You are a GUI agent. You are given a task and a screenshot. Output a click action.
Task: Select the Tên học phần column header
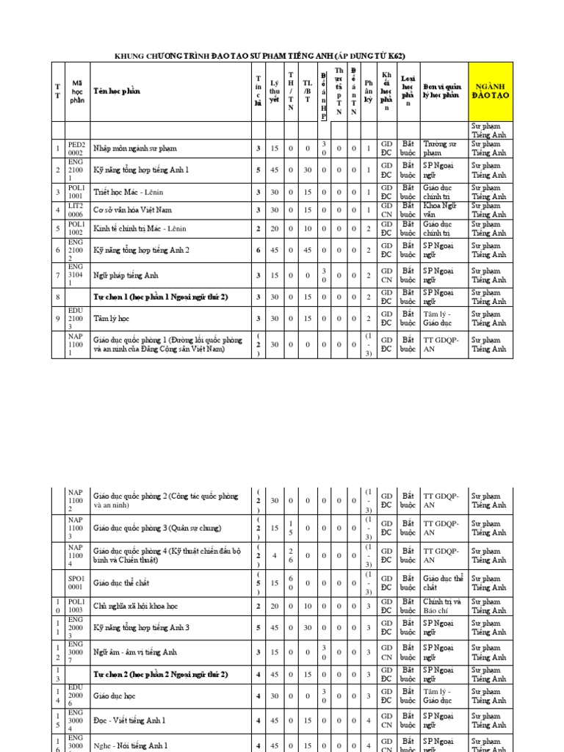pyautogui.click(x=116, y=92)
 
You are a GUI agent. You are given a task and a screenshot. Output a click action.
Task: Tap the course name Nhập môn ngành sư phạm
pyautogui.click(x=134, y=149)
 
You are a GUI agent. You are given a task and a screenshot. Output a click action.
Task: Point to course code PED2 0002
pyautogui.click(x=77, y=149)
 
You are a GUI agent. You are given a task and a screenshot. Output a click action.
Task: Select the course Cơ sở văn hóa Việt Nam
pyautogui.click(x=132, y=210)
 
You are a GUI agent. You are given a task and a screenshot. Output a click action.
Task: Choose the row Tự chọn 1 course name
pyautogui.click(x=160, y=297)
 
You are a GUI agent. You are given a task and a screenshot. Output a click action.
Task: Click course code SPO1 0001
pyautogui.click(x=77, y=583)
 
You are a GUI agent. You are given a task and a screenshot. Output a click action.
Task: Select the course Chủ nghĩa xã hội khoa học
pyautogui.click(x=140, y=606)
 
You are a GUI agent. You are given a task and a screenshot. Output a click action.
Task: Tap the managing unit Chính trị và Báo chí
pyautogui.click(x=442, y=606)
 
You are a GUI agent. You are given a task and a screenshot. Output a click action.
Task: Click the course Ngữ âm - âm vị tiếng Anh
pyautogui.click(x=134, y=651)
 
